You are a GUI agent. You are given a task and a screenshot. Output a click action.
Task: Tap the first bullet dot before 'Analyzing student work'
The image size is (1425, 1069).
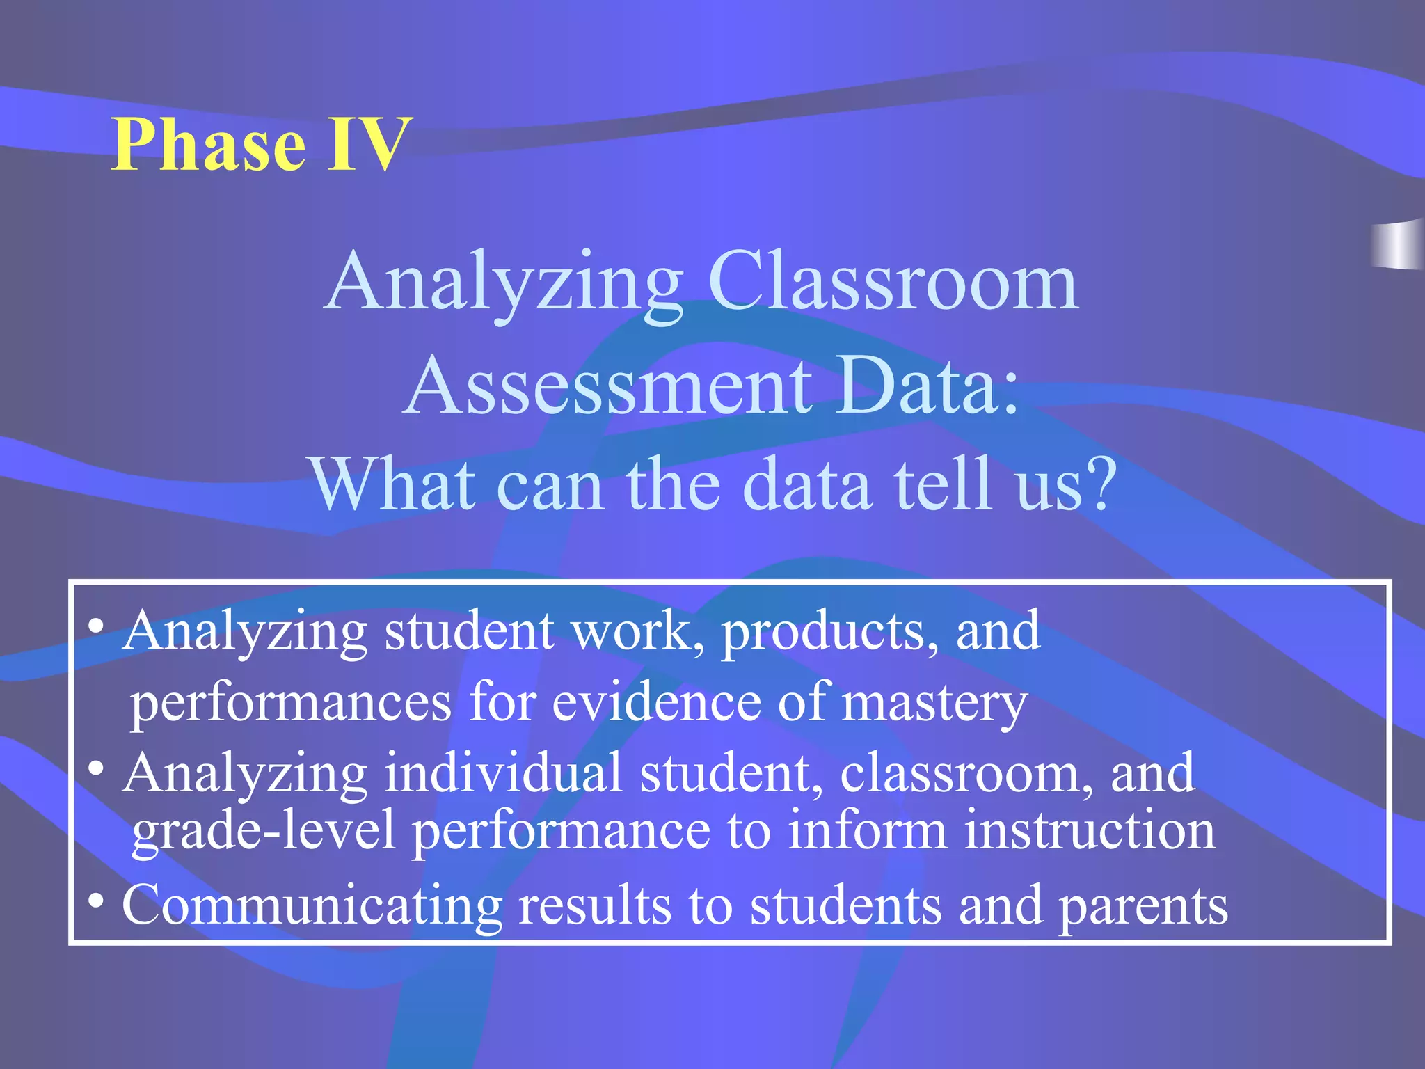pos(97,626)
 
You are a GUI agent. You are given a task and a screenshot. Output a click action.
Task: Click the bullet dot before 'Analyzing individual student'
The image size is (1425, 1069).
pos(97,768)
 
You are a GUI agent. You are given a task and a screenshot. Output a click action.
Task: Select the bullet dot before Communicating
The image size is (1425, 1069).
pos(97,901)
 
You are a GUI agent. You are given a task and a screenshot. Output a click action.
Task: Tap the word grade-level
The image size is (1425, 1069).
pos(264,832)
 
